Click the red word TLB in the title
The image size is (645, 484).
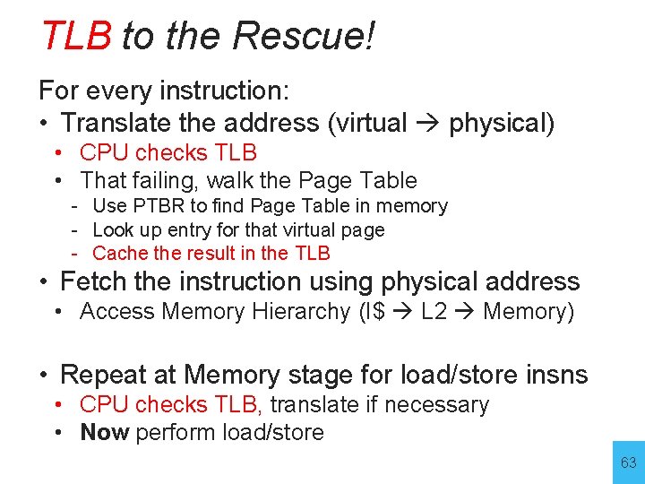click(x=76, y=37)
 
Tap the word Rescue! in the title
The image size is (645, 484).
click(x=303, y=37)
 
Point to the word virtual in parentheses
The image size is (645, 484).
click(x=372, y=123)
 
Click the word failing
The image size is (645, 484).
click(x=159, y=180)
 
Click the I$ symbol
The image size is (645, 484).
click(x=372, y=312)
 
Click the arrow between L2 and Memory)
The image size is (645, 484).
click(x=465, y=313)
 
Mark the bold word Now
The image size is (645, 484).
click(x=105, y=432)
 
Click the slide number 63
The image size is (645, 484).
click(x=628, y=463)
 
